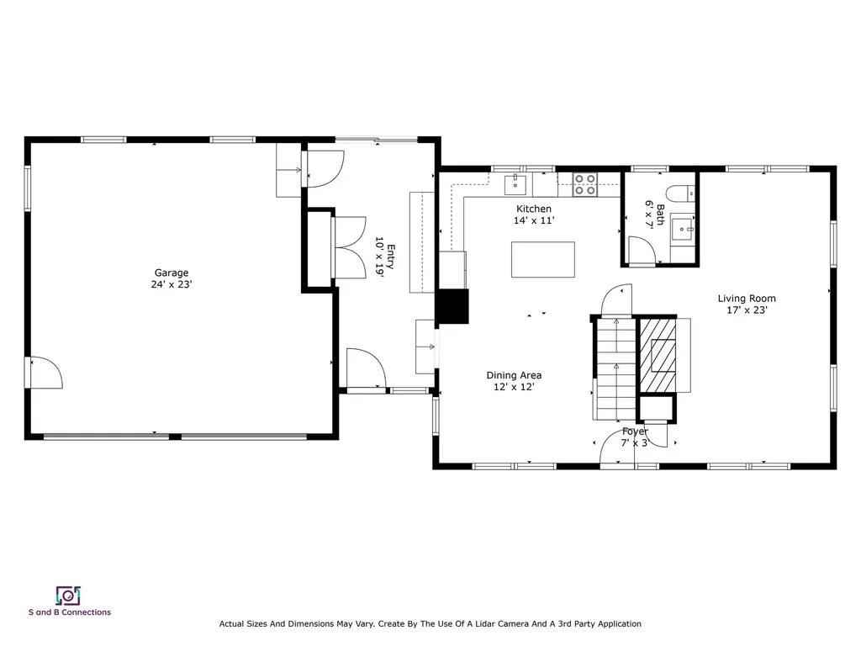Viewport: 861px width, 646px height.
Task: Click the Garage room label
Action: (172, 273)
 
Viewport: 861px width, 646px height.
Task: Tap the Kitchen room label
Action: (534, 209)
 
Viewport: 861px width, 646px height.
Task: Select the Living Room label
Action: (747, 299)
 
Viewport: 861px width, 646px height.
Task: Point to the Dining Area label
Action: (514, 375)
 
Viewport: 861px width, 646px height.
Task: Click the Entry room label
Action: (391, 256)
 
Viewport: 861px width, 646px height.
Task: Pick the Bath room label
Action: (660, 214)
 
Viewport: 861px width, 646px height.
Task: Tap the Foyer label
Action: (635, 432)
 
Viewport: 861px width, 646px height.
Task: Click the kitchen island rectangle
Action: (543, 259)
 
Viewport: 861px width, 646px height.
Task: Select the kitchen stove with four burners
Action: (585, 184)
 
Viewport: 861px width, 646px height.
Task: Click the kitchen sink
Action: (515, 184)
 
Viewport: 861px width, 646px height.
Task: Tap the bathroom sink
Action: (684, 229)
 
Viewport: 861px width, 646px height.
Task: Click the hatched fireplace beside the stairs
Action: (658, 356)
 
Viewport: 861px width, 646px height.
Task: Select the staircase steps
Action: (615, 371)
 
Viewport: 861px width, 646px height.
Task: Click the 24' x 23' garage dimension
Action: (172, 284)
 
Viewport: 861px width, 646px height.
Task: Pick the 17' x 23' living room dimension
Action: (747, 310)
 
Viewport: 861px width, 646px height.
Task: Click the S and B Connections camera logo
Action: (68, 596)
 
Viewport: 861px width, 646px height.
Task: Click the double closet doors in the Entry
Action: (349, 247)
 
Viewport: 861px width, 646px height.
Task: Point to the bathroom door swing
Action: (642, 251)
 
